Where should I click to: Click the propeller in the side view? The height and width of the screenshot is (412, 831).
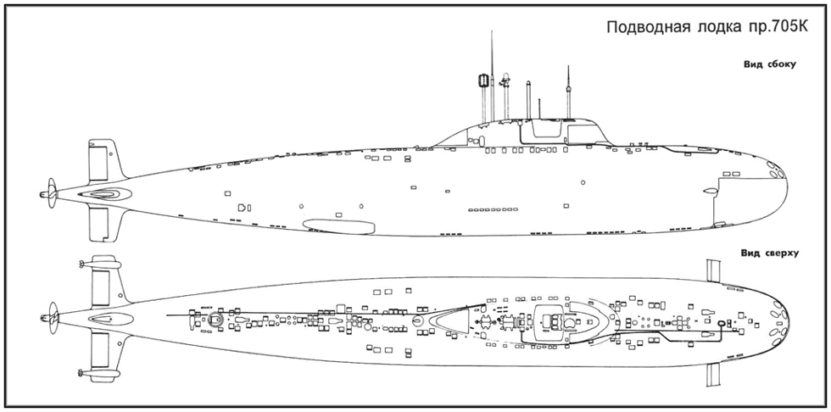(51, 194)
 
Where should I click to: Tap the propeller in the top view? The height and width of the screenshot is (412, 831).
(52, 318)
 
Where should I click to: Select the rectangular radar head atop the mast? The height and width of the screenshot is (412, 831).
(482, 81)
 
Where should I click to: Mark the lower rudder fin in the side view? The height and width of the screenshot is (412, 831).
(103, 224)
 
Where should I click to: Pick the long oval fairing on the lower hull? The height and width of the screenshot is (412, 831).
(338, 226)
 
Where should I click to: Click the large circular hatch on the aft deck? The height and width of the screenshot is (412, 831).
(215, 319)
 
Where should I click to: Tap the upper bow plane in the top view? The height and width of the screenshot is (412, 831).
(714, 270)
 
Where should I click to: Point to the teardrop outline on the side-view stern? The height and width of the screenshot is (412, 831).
(105, 194)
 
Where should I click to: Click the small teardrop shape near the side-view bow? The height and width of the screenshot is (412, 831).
(709, 191)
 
